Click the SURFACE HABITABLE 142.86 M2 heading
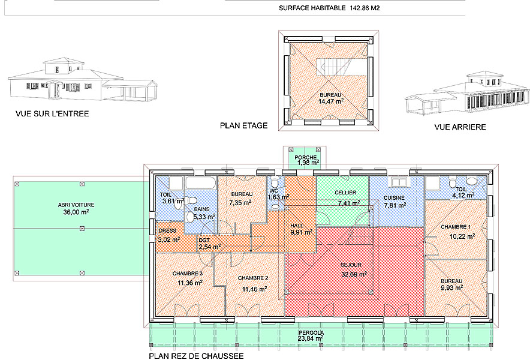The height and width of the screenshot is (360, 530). (x=329, y=8)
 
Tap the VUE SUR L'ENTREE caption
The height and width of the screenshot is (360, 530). (x=53, y=113)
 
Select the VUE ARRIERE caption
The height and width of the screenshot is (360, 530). (x=460, y=127)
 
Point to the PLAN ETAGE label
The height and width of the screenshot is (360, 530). (x=243, y=125)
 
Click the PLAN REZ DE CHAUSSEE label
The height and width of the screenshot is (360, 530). (x=196, y=356)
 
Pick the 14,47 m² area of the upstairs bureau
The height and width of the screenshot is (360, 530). (x=331, y=102)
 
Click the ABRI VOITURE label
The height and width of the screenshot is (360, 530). (x=77, y=205)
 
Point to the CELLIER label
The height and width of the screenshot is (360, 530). (x=346, y=193)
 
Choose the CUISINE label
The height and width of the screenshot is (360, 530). (x=394, y=197)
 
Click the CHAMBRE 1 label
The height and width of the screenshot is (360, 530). (x=456, y=227)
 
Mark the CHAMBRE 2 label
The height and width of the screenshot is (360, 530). (x=252, y=278)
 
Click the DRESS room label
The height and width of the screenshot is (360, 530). (x=167, y=231)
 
